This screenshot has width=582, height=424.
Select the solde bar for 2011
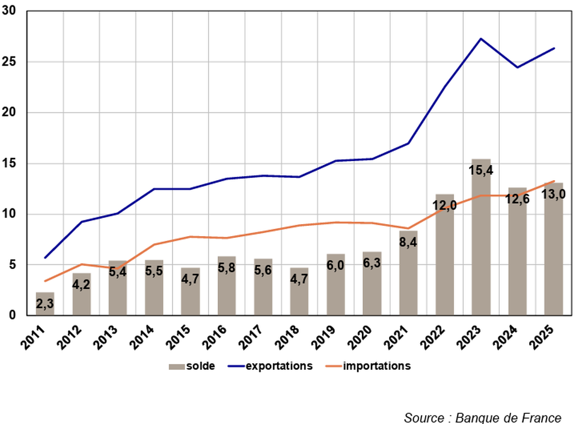pyautogui.click(x=45, y=304)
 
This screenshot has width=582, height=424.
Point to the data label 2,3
pyautogui.click(x=45, y=304)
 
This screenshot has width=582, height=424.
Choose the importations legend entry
pyautogui.click(x=376, y=366)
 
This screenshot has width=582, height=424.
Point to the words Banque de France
pyautogui.click(x=509, y=417)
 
